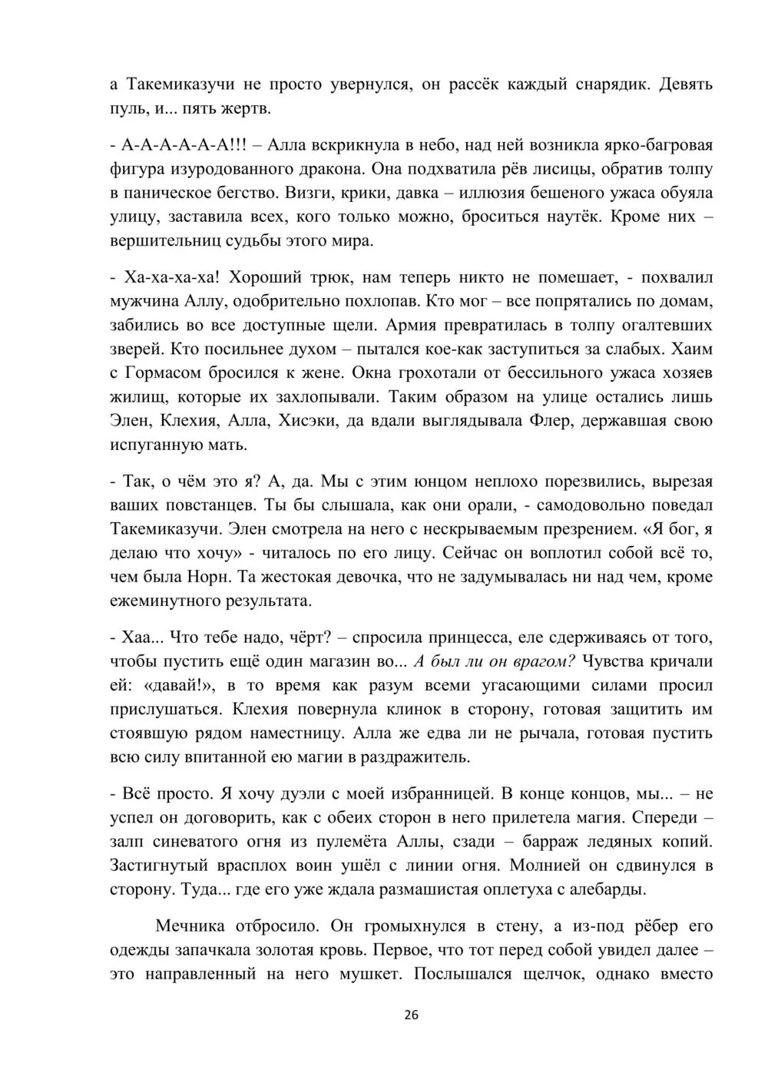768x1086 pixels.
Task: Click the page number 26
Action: point(411,1015)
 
